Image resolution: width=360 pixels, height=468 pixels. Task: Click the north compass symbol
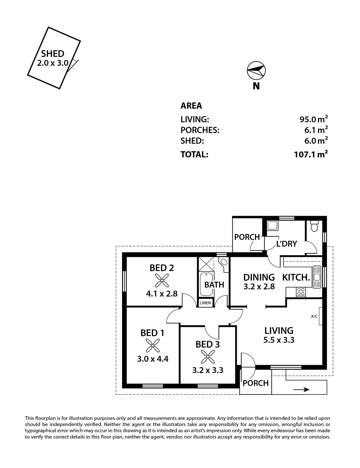click(256, 71)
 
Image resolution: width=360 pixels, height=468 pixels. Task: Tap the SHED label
click(53, 54)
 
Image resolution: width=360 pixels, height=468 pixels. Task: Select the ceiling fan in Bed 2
click(162, 281)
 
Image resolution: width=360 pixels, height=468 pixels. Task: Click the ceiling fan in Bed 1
click(152, 346)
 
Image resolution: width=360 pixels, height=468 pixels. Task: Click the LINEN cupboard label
click(205, 303)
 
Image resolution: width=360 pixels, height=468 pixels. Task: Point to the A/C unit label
click(314, 316)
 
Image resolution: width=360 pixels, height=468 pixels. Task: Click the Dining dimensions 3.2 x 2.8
click(259, 286)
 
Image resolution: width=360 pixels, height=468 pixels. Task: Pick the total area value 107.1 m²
click(311, 154)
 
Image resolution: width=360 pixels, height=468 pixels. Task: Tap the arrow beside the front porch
click(301, 390)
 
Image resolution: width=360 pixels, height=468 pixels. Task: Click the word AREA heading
click(191, 106)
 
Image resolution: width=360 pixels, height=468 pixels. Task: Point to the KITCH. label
click(296, 277)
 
